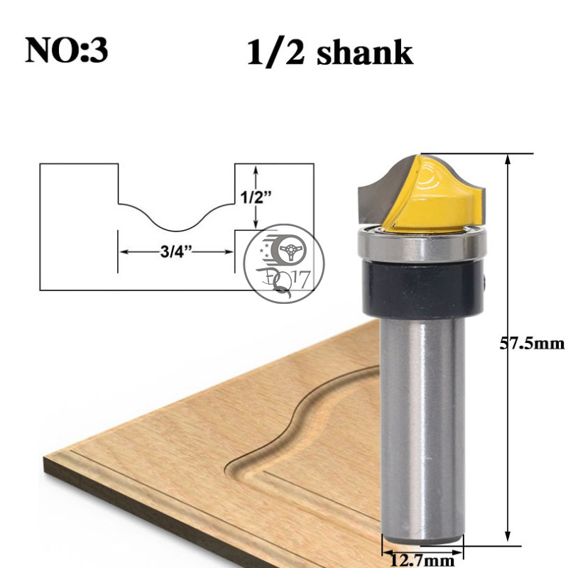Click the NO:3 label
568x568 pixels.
67,50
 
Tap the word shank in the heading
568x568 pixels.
365,53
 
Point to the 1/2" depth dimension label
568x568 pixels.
256,198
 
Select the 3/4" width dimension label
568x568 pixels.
176,251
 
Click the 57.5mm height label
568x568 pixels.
532,344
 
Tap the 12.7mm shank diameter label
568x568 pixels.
422,561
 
